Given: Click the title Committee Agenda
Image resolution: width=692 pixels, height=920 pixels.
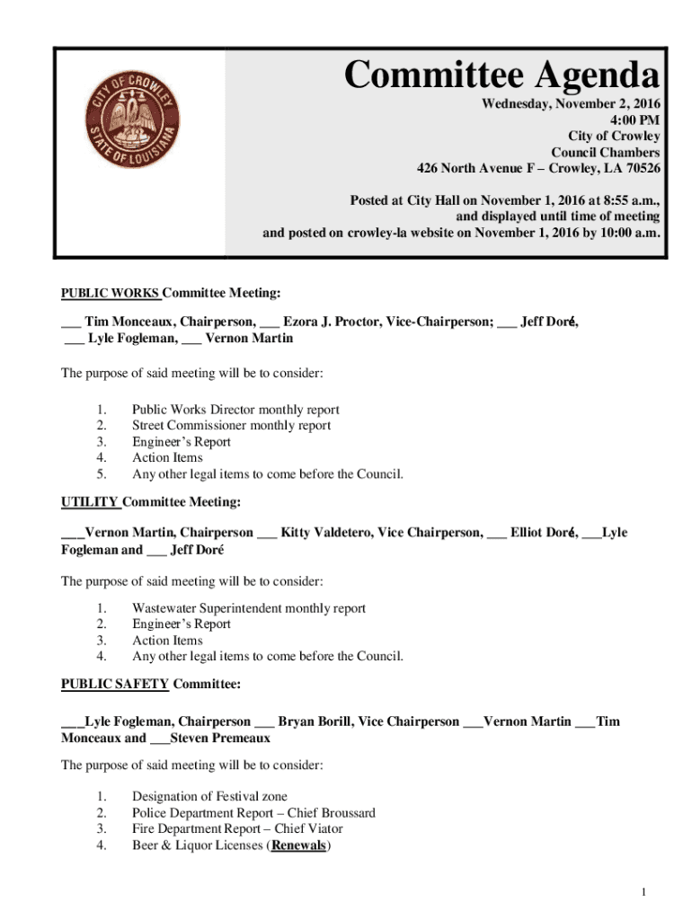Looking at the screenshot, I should click(501, 77).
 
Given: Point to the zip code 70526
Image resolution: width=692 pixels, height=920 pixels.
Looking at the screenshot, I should click(642, 168).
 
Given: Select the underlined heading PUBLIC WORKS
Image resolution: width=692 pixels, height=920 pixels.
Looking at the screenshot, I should click(111, 293).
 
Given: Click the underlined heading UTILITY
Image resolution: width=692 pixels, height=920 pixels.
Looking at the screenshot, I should click(90, 501).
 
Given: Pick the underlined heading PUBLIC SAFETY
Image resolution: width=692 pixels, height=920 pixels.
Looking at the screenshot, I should click(114, 684).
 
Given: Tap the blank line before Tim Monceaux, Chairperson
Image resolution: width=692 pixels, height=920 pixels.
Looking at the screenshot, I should click(70, 323).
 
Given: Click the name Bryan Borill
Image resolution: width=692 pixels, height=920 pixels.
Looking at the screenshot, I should click(318, 721).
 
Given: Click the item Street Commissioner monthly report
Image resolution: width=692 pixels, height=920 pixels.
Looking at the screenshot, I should click(231, 425).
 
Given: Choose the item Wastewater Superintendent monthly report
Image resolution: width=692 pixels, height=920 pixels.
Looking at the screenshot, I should click(248, 608).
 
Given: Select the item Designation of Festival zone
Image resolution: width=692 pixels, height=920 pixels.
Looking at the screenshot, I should click(209, 796).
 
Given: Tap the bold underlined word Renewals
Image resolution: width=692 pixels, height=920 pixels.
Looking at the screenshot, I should click(298, 845).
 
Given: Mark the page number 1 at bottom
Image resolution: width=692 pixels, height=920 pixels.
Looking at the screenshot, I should click(645, 891).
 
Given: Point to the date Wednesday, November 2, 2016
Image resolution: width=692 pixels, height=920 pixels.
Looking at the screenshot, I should click(571, 103).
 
